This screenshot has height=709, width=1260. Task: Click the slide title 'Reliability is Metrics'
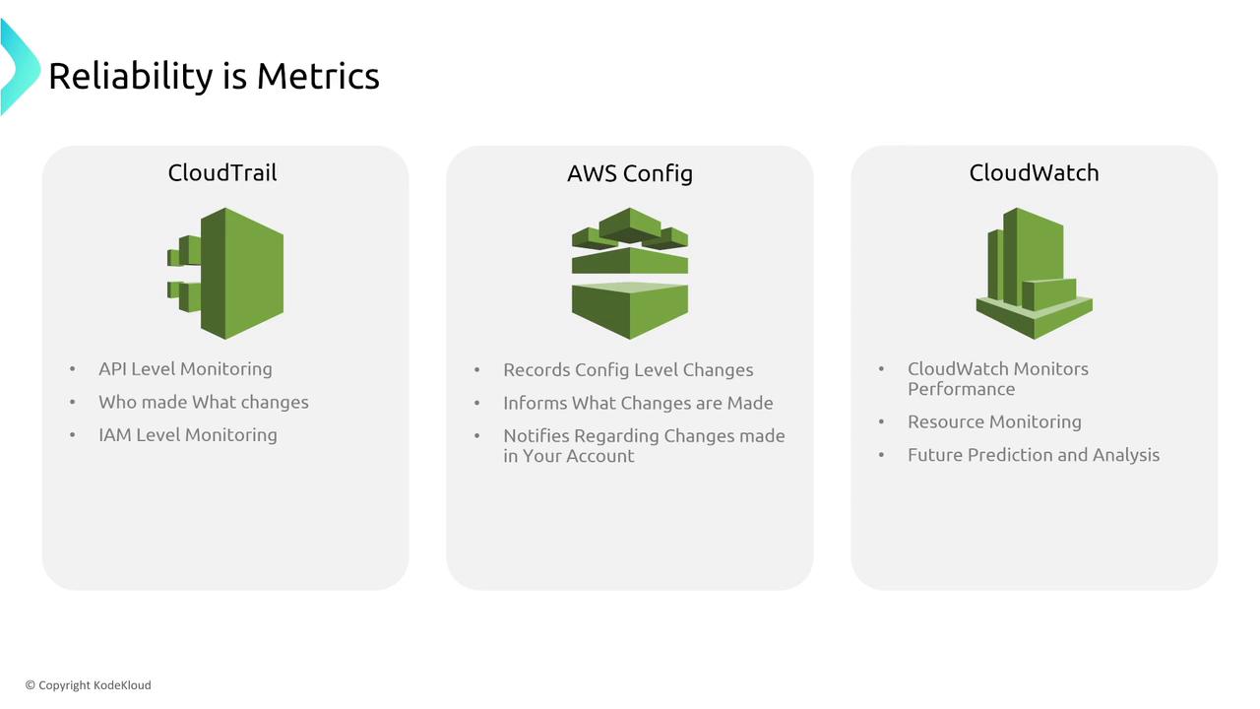(214, 77)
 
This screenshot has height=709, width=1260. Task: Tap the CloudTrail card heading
(222, 172)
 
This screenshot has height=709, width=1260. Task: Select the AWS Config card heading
(629, 174)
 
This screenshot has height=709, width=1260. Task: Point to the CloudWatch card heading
(1034, 172)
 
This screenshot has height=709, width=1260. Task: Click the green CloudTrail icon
(225, 274)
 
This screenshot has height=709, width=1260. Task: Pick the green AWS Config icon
(630, 274)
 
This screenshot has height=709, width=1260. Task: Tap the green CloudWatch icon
(1034, 274)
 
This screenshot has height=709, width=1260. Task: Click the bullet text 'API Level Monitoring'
(185, 369)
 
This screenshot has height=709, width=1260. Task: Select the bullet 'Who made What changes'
(204, 402)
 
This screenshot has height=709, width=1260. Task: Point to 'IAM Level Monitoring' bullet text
(188, 435)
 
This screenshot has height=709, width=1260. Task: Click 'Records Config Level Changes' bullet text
(628, 370)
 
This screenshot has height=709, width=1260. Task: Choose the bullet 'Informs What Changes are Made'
(638, 403)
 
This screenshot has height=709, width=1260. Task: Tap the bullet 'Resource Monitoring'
(994, 422)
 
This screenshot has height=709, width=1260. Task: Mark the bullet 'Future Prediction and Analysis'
(1034, 455)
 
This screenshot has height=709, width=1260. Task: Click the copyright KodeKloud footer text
(89, 684)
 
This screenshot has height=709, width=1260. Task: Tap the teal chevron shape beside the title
(21, 66)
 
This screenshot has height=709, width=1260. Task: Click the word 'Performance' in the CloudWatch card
(962, 389)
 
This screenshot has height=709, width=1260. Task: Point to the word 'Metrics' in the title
(318, 77)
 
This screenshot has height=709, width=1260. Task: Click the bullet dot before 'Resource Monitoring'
(881, 422)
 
